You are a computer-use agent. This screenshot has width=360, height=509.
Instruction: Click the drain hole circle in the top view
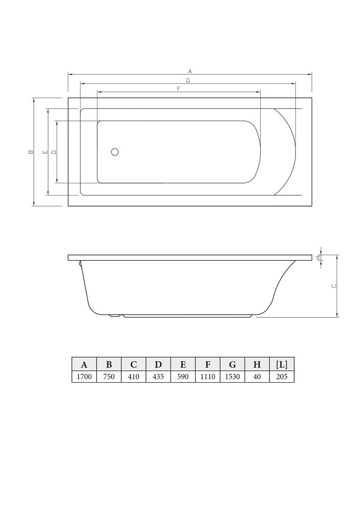(x=115, y=152)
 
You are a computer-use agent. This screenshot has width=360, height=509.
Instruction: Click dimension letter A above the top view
(x=190, y=71)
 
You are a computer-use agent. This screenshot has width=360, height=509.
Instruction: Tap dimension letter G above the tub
(x=188, y=80)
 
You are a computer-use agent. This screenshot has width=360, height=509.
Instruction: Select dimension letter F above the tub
(x=178, y=89)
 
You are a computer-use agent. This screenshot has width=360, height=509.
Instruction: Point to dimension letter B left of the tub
(x=31, y=152)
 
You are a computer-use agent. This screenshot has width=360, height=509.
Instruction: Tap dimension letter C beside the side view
(x=334, y=286)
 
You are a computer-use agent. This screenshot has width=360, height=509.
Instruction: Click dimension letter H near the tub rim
(x=318, y=257)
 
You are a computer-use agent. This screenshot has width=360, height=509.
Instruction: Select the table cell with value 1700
(x=84, y=377)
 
